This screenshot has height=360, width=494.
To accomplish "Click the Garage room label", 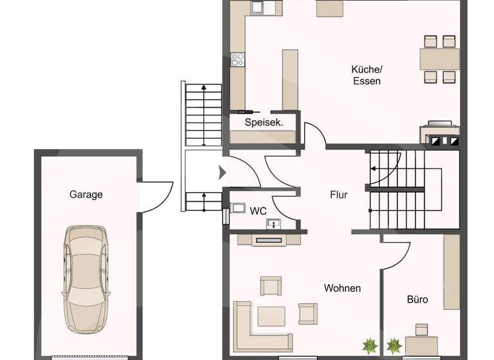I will (x=86, y=194).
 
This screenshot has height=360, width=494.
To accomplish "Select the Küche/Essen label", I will (x=367, y=75).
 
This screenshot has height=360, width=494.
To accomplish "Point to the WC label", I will (x=259, y=210).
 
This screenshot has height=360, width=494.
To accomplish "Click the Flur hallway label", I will (x=338, y=194).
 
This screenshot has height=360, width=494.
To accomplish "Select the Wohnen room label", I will (x=342, y=288).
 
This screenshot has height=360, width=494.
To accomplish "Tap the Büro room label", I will (x=417, y=300).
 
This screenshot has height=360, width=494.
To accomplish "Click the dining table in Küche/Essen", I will (x=440, y=59).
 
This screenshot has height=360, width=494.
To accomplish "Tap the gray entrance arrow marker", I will (x=223, y=172).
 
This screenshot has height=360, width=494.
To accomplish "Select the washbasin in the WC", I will (x=275, y=224).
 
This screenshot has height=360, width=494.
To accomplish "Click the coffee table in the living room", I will (x=271, y=316).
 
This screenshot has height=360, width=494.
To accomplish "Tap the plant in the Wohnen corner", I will (x=370, y=346).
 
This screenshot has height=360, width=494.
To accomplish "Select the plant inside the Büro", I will (x=392, y=346).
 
